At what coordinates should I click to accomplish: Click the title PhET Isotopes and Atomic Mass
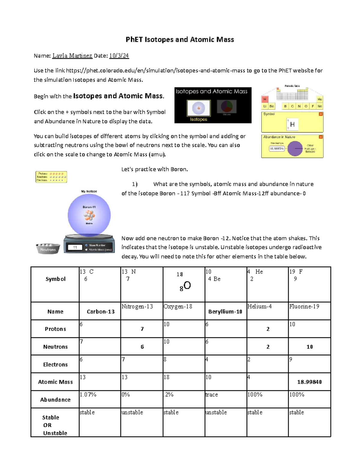click(180, 40)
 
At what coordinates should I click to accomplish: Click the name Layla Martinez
click(72, 56)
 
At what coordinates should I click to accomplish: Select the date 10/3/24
click(119, 56)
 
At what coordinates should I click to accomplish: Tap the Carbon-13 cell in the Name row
click(100, 311)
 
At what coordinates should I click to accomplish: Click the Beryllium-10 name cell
click(225, 311)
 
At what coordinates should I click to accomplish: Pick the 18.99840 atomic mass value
click(309, 382)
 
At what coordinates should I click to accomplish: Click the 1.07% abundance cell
click(88, 395)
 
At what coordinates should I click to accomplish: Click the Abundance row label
click(55, 400)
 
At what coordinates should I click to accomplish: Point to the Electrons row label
click(55, 365)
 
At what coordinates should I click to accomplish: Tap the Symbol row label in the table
click(55, 279)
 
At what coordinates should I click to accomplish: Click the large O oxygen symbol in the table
click(187, 285)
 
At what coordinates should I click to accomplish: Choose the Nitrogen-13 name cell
click(137, 306)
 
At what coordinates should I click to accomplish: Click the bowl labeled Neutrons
click(48, 249)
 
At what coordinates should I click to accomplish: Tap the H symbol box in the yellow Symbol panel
click(292, 124)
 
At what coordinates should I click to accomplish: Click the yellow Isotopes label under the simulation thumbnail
click(199, 119)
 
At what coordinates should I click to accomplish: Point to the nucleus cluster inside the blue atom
click(89, 215)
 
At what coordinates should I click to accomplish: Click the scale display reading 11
click(75, 248)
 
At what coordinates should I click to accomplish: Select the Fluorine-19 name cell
click(304, 306)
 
